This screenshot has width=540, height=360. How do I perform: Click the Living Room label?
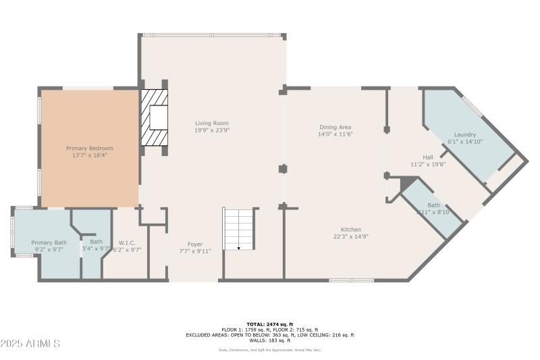tap(212, 124)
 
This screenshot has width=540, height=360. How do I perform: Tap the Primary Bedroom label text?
tap(89, 148)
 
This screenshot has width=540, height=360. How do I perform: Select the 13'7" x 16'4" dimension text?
tap(89, 155)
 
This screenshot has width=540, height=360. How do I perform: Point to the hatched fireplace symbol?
tap(154, 119)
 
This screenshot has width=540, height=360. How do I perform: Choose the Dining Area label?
tap(335, 127)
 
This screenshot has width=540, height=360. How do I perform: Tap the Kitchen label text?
tap(350, 230)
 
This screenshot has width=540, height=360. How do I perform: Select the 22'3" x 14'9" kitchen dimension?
tap(350, 236)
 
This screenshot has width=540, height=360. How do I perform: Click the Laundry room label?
tap(465, 134)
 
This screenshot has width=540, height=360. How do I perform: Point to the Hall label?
tap(428, 157)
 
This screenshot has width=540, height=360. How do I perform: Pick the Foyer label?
tap(195, 244)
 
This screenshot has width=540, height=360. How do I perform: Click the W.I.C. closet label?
tap(127, 242)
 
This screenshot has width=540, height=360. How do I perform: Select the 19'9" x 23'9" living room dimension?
tap(212, 130)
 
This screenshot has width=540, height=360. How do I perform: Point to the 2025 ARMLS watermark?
tap(31, 344)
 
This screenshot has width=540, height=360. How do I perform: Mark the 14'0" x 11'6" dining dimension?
tap(335, 134)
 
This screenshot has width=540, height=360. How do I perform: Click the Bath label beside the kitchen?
tap(433, 205)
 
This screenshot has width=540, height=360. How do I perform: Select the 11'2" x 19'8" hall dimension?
tap(428, 163)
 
